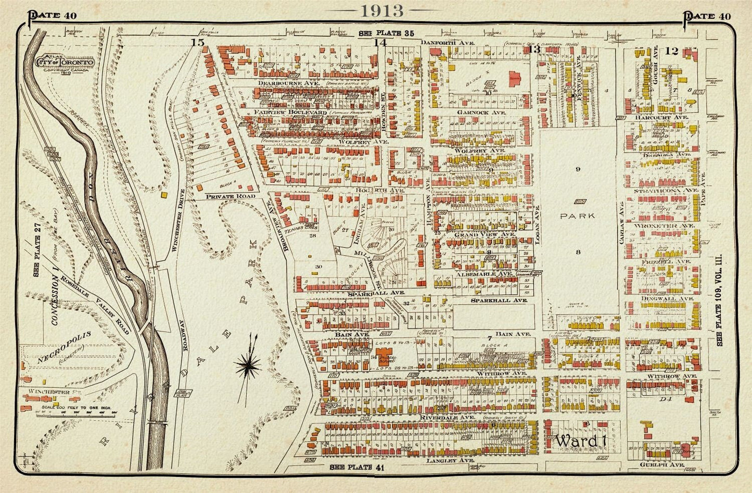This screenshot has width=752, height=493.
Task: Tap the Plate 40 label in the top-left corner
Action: [52, 16]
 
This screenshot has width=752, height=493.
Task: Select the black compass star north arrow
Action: [249, 364]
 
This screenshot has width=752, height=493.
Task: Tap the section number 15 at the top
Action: [197, 43]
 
